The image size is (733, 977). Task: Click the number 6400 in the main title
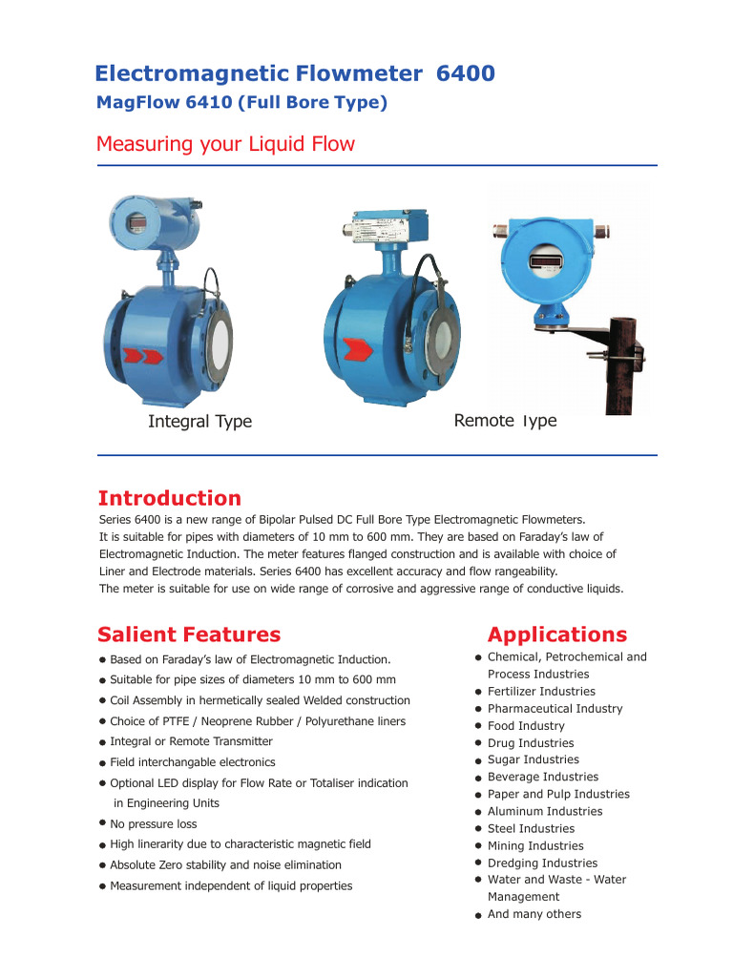[465, 73]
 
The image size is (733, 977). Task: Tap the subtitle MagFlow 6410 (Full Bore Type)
[241, 103]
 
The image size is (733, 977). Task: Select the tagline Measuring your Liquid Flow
[225, 144]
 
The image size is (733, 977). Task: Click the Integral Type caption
[199, 422]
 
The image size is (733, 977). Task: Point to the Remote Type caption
[505, 421]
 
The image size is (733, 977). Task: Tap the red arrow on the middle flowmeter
[360, 350]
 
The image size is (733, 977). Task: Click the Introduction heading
[170, 498]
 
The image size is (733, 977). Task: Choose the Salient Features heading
[189, 634]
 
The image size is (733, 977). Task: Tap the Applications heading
[557, 634]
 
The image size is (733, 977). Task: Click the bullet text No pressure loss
[154, 824]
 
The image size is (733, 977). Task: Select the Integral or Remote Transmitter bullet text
[191, 741]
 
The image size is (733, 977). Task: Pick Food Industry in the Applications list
[526, 726]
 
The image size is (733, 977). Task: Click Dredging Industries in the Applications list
[542, 863]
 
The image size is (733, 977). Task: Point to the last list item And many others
[534, 914]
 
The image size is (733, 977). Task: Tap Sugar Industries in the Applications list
[533, 760]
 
